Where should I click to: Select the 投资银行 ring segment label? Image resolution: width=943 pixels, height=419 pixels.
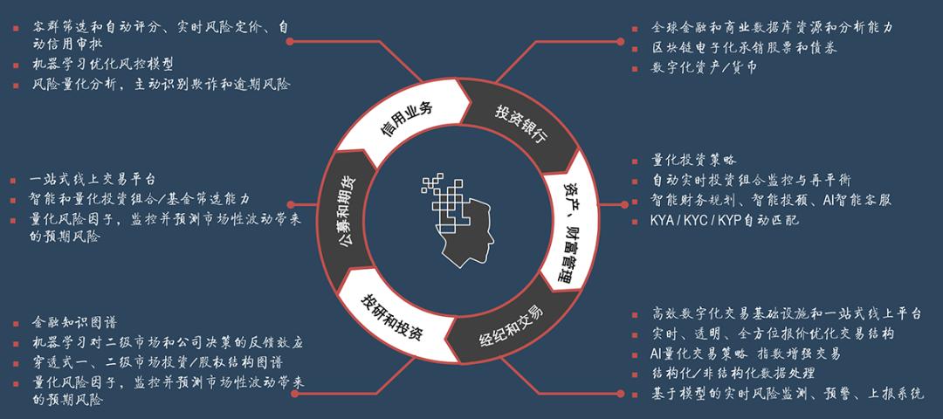[x=520, y=123]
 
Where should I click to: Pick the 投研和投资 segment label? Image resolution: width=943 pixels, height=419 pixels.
[x=391, y=317]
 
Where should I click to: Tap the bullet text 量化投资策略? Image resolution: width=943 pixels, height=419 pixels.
[x=693, y=161]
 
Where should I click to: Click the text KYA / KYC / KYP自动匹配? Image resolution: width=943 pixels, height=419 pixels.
[x=725, y=220]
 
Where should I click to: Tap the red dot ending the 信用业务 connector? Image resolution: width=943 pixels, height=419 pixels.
[x=290, y=42]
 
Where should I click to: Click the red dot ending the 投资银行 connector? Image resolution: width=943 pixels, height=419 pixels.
[x=621, y=42]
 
